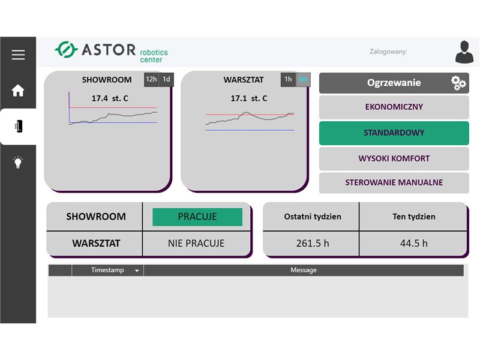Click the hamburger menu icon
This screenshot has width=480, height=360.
pos(18,55)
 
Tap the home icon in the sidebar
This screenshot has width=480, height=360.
pos(18,91)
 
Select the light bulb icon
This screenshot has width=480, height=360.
pos(18,162)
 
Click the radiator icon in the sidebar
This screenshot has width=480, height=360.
pos(19,126)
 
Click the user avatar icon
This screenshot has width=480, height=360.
pos(464,52)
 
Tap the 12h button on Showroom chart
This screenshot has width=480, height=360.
pos(151,80)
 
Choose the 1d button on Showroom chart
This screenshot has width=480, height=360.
pos(166,80)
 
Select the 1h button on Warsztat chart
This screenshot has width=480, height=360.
pos(288,80)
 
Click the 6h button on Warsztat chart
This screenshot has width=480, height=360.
pos(303,80)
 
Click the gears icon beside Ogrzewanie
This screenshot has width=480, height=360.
pos(458,83)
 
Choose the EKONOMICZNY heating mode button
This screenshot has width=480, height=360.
pos(394,107)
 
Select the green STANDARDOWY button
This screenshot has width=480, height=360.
pos(394,133)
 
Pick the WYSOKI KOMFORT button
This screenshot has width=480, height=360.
pos(394,158)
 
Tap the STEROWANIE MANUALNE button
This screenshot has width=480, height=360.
pos(394,183)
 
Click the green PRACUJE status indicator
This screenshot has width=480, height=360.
pos(197,217)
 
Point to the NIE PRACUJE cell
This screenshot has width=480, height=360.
pos(196,244)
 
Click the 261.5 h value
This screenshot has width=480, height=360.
pos(313,244)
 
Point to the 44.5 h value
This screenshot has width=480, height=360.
pos(414,244)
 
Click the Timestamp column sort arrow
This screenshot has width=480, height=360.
pos(137,271)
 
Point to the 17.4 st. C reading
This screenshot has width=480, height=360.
pos(110,98)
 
